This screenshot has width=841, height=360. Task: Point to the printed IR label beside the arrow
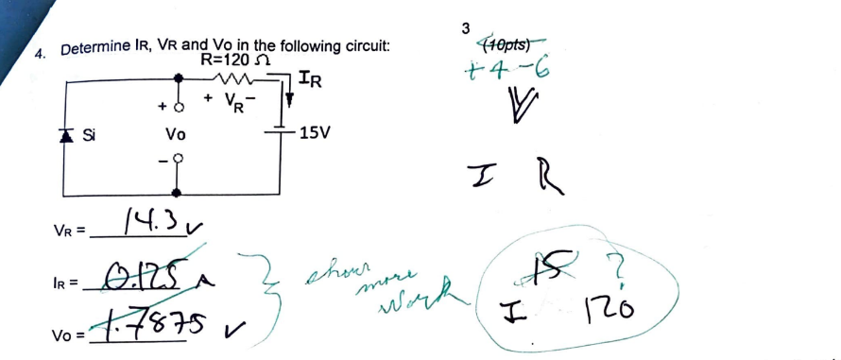tap(310, 79)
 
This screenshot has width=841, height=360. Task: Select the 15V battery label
tap(314, 132)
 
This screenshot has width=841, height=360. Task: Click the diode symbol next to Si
tap(66, 135)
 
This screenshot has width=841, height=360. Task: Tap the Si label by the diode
tap(89, 134)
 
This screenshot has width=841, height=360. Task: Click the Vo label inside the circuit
tap(175, 134)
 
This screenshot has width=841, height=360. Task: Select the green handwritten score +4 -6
tap(508, 69)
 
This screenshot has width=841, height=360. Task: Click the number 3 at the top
tap(466, 27)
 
